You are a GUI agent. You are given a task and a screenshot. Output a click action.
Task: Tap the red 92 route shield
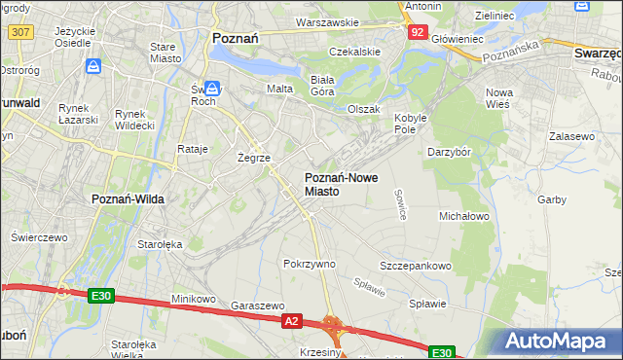pyautogui.click(x=417, y=32)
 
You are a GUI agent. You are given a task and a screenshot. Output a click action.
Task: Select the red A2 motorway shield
pyautogui.click(x=292, y=319)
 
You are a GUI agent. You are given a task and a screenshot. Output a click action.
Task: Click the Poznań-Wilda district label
pyautogui.click(x=128, y=198)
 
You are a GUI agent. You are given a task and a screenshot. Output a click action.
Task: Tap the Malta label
pyautogui.click(x=279, y=89)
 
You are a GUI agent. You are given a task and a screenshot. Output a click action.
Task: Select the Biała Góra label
pyautogui.click(x=321, y=86)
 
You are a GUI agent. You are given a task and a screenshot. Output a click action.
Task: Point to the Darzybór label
pyautogui.click(x=450, y=153)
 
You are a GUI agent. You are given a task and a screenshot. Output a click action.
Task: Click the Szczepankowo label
pyautogui.click(x=416, y=266)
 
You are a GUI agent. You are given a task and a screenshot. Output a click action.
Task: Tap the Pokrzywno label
pyautogui.click(x=309, y=264)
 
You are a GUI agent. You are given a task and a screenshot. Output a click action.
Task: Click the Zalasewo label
pyautogui.click(x=571, y=137)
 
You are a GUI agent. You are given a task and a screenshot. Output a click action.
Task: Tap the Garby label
pyautogui.click(x=551, y=199)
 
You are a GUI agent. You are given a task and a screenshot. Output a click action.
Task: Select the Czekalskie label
pyautogui.click(x=353, y=51)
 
